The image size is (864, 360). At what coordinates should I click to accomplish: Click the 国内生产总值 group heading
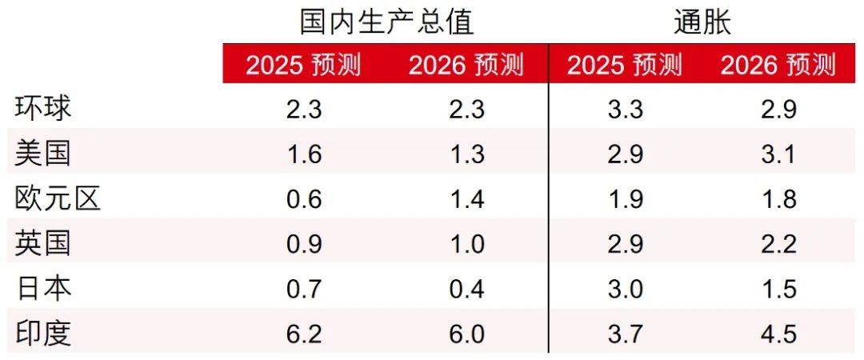[x=386, y=22]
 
